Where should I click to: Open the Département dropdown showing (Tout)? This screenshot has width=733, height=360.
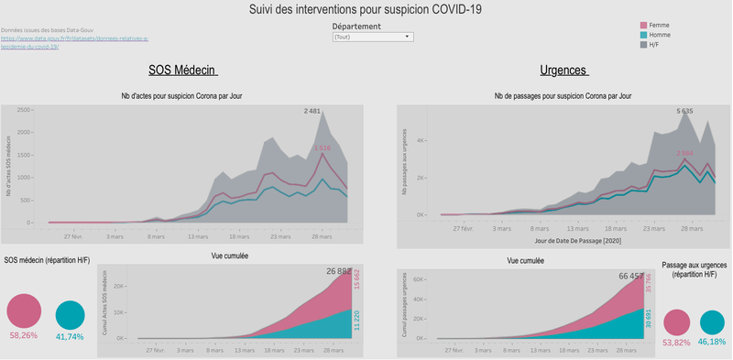coord(372,38)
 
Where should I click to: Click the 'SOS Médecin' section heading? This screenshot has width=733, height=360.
coord(182,71)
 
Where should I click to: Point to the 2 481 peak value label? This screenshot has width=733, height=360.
coord(312,111)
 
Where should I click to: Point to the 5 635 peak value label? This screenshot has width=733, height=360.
coord(684,111)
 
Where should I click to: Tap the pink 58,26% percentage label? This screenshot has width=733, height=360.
coord(24,336)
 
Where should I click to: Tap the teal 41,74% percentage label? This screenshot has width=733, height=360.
coord(71,336)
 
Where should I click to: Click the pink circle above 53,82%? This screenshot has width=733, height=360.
coord(677,322)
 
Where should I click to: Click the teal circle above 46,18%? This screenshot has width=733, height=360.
coord(712,322)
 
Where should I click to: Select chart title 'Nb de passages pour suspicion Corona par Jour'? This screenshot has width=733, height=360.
coord(563,95)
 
